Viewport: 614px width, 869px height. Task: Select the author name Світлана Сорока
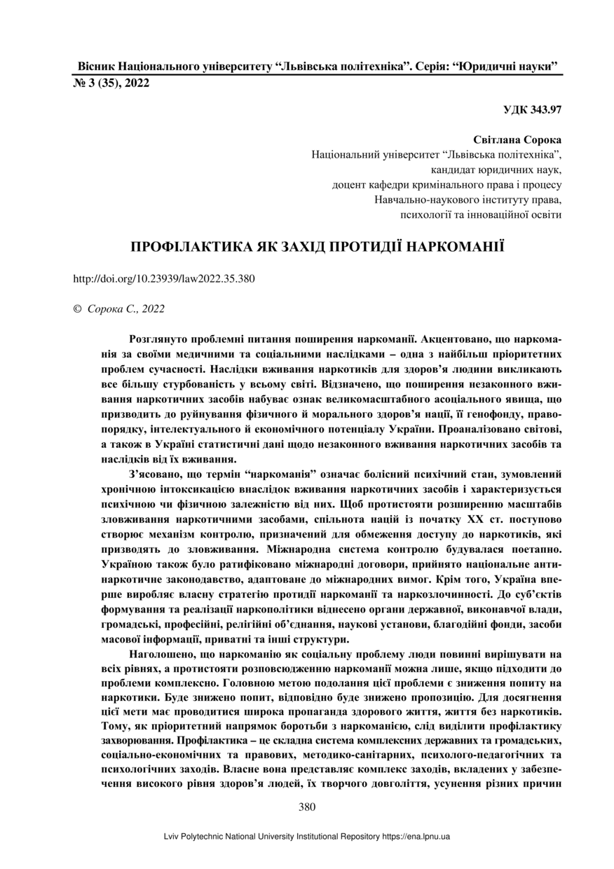coord(518,140)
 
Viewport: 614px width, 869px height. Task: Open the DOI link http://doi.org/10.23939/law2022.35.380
coord(164,278)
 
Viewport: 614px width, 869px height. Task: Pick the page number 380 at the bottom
coord(307,807)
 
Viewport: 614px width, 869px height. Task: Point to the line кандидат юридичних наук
coord(496,170)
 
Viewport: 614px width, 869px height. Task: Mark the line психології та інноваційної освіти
coord(480,214)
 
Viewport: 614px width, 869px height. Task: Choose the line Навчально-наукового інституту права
coord(468,200)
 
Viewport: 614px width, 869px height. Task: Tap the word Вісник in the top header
coord(96,67)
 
